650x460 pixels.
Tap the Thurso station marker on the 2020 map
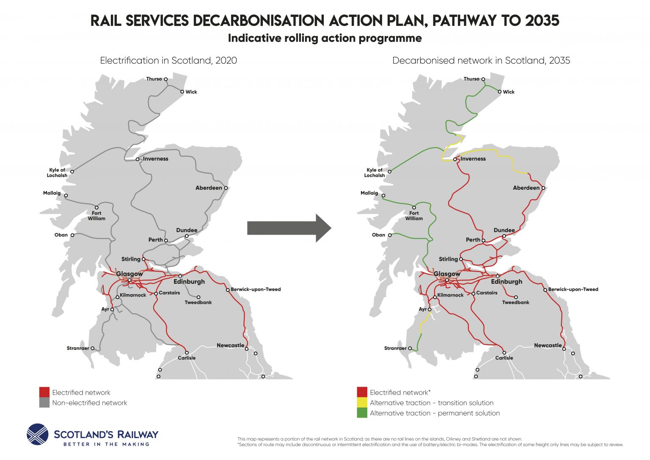tap(166, 79)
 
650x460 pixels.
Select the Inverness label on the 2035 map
tap(473, 159)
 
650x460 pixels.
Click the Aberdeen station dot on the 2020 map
tap(226, 188)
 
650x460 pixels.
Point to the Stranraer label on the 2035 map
tap(395, 348)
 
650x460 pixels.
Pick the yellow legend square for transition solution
tap(362, 403)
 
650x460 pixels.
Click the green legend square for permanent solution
tap(362, 413)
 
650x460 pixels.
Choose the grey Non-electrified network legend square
tap(44, 403)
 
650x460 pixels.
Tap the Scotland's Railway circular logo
tap(38, 435)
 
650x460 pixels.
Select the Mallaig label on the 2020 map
tap(52, 193)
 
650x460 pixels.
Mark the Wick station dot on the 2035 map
tap(500, 92)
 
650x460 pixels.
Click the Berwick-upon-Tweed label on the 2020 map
tap(256, 289)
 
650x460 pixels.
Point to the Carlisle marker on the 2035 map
tap(504, 353)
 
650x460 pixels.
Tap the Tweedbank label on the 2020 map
tap(198, 302)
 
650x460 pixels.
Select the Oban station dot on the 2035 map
tap(390, 235)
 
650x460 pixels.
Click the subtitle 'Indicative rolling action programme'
tap(325, 38)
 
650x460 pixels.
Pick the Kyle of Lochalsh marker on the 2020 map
tap(72, 172)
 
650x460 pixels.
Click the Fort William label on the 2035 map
tap(414, 216)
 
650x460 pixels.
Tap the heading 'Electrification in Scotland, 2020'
tap(168, 61)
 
